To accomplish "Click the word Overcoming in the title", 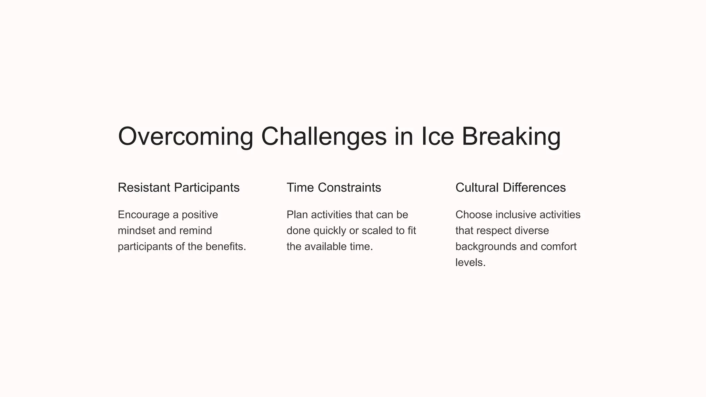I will (x=185, y=136).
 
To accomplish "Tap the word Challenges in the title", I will (x=324, y=136).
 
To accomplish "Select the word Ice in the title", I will (x=437, y=136).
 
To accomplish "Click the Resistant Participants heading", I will (x=179, y=188).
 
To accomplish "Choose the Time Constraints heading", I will (x=334, y=188).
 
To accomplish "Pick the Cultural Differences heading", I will (x=510, y=188).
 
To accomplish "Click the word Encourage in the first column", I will (x=144, y=215).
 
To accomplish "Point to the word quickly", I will (x=330, y=231).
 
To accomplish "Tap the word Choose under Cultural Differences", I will (x=474, y=215).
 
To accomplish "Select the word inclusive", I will (x=516, y=215).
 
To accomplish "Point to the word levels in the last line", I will (x=469, y=263).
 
